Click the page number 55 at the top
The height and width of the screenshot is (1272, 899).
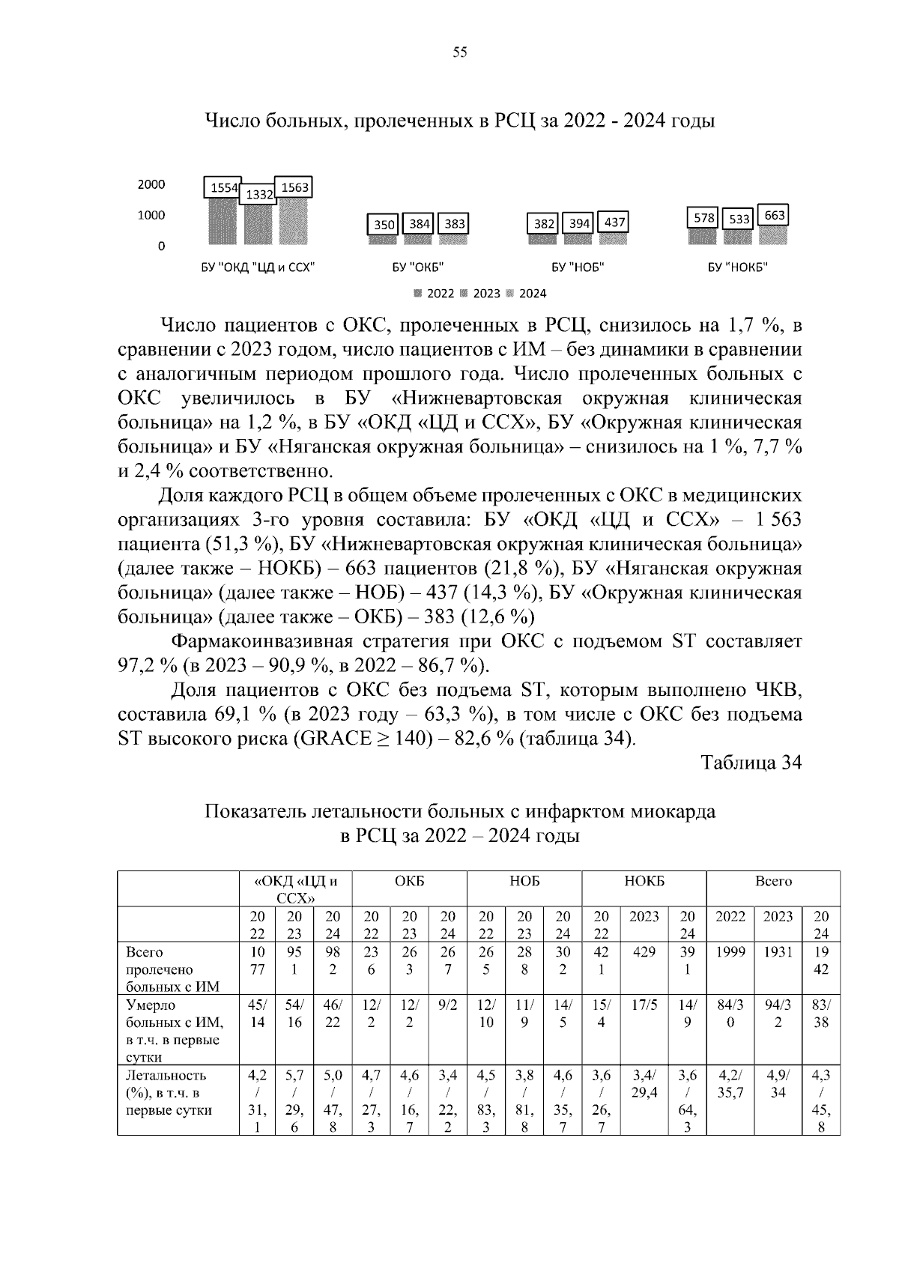460,52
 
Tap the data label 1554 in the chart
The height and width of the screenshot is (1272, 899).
223,188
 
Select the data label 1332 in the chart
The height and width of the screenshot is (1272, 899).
259,195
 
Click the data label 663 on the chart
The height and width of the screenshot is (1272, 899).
775,216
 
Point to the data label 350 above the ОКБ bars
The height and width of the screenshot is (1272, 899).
384,224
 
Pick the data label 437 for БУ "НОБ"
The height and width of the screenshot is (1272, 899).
614,222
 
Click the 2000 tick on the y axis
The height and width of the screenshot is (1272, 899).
151,184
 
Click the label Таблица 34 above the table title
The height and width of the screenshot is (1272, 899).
751,763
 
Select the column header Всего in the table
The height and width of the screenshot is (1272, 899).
773,882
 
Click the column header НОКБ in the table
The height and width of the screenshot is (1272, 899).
644,882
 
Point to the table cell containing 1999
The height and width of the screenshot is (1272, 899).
730,952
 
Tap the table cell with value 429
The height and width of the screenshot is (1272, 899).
644,952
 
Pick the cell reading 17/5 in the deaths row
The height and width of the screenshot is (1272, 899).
644,1005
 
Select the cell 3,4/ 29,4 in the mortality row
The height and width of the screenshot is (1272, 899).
644,1084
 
